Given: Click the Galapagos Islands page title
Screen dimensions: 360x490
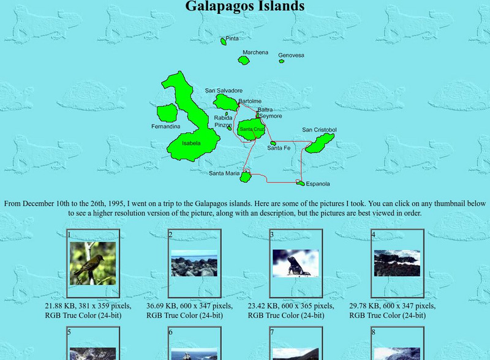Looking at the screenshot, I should (245, 7).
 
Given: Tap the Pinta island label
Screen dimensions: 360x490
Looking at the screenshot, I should (232, 39).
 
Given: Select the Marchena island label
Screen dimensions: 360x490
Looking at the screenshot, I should (255, 53).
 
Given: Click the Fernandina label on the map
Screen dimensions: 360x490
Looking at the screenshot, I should (166, 127).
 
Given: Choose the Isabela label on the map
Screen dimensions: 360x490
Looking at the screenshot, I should (191, 143).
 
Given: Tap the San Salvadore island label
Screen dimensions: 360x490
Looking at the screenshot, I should (224, 91).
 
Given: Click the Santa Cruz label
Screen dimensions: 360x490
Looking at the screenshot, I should (252, 129).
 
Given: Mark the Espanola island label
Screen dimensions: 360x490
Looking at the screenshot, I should (318, 184).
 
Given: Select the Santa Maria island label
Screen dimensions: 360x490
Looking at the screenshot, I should (224, 173).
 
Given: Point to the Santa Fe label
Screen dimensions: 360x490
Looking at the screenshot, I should (279, 148).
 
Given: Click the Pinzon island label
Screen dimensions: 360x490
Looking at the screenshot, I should (223, 125).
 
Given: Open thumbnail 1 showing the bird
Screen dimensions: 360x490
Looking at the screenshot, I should (92, 263).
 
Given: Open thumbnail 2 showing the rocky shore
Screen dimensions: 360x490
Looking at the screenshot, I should (194, 263).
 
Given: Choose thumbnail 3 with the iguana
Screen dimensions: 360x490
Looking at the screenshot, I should (296, 263).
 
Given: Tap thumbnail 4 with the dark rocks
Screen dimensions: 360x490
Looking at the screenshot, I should (397, 263).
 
